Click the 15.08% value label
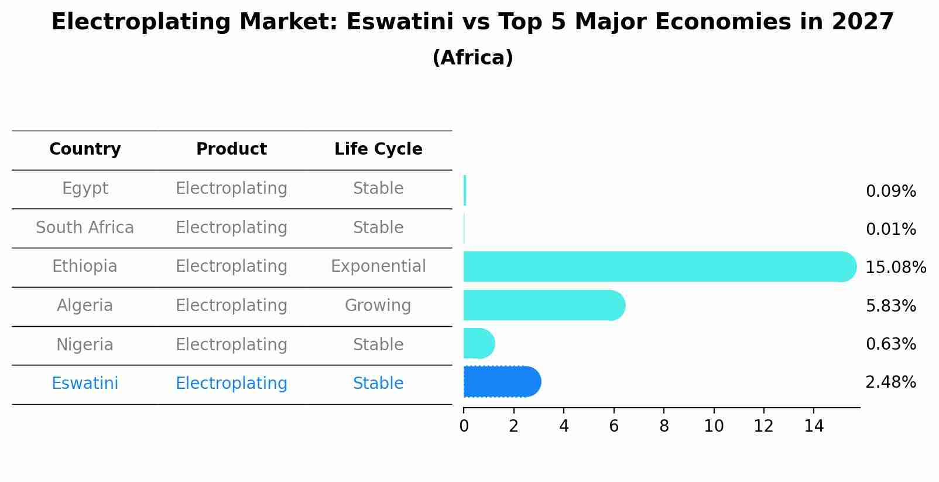pyautogui.click(x=895, y=268)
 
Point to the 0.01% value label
pyautogui.click(x=890, y=230)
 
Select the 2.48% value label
pyautogui.click(x=890, y=382)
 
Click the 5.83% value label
pyautogui.click(x=890, y=306)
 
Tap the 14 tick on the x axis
pyautogui.click(x=814, y=426)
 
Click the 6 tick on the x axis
pyautogui.click(x=614, y=426)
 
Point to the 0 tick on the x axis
pyautogui.click(x=464, y=426)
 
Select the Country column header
pyautogui.click(x=85, y=149)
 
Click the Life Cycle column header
pyautogui.click(x=378, y=149)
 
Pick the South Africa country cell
pyautogui.click(x=85, y=228)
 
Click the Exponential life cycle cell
pyautogui.click(x=378, y=266)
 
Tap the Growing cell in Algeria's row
pyautogui.click(x=378, y=306)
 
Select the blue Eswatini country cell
pyautogui.click(x=85, y=384)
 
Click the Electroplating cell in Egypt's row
pyautogui.click(x=231, y=189)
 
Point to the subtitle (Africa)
pyautogui.click(x=472, y=58)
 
